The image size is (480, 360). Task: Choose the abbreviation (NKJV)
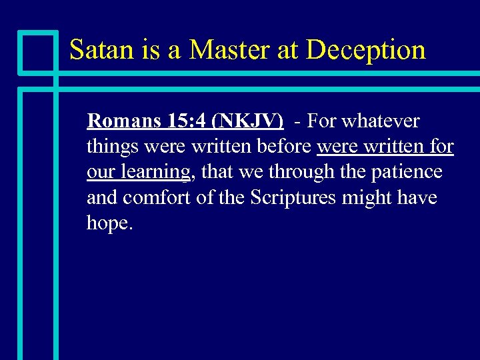tap(247, 121)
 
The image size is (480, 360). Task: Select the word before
tap(287, 147)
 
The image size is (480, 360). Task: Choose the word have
tap(417, 197)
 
